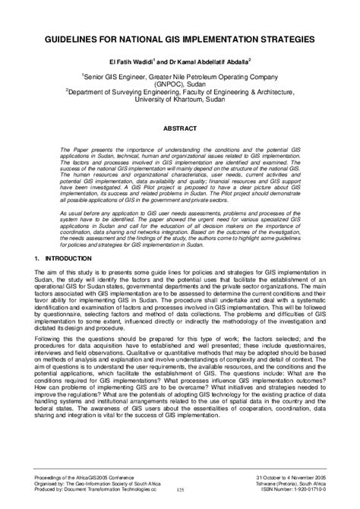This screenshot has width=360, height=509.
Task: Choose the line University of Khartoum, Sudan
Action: (x=179, y=98)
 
